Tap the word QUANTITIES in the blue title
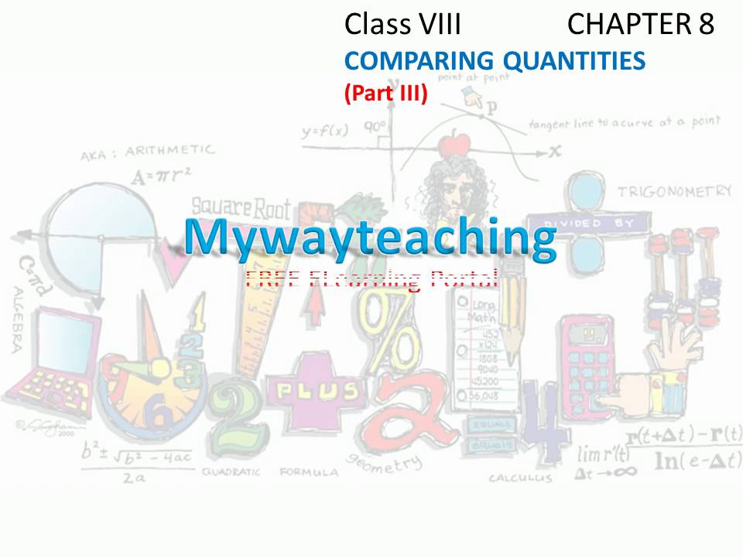574,60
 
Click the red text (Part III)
385,94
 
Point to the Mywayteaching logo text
370,237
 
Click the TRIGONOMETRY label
674,190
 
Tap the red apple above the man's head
454,144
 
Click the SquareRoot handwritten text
241,207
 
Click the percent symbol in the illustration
391,333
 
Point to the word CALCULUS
520,478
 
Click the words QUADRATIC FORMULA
270,470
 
